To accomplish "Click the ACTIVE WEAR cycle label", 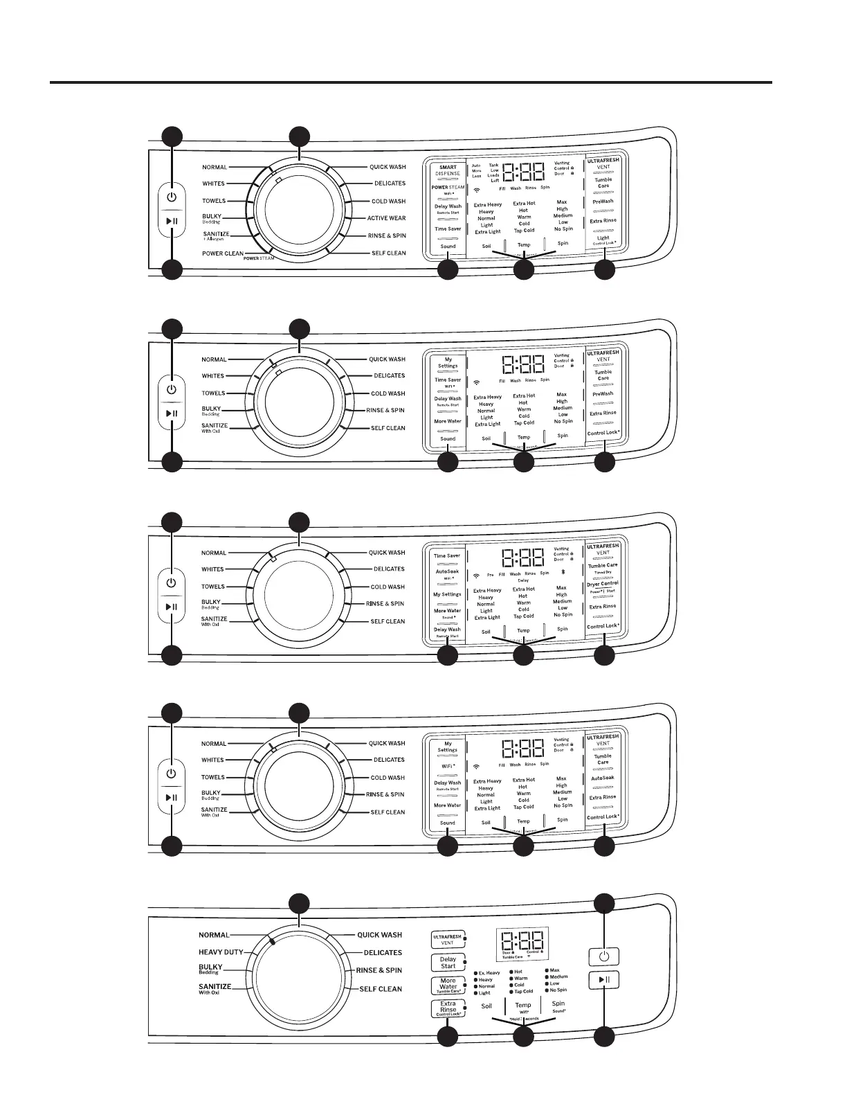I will click(386, 218).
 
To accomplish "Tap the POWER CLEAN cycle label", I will click(223, 253).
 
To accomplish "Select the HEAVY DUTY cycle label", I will click(221, 952).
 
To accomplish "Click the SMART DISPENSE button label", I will click(448, 170).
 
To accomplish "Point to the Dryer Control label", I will click(603, 584).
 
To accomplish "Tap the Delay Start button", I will click(448, 963).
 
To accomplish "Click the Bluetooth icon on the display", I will click(563, 573).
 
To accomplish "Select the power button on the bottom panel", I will click(605, 956).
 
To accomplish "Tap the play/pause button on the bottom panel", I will click(605, 980).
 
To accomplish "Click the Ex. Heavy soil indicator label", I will click(489, 973).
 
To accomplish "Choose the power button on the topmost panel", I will click(172, 197).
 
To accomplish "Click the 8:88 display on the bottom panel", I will click(522, 940).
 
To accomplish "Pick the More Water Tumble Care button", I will click(448, 985).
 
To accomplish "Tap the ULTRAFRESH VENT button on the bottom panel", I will click(448, 940).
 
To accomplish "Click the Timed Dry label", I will click(603, 573).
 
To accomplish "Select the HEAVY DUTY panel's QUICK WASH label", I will click(379, 935).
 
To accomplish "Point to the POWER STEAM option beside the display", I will click(448, 188).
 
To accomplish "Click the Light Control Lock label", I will click(603, 240).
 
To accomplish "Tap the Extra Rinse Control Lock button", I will click(448, 1008).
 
